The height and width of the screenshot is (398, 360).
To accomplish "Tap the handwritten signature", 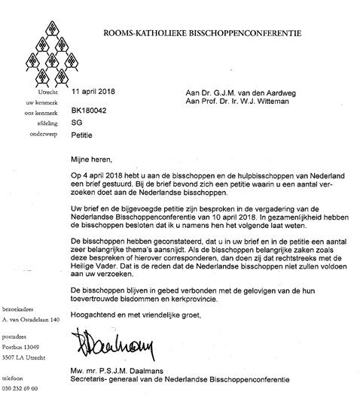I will (x=105, y=348).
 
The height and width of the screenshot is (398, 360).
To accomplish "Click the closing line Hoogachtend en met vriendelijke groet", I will (x=141, y=315).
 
